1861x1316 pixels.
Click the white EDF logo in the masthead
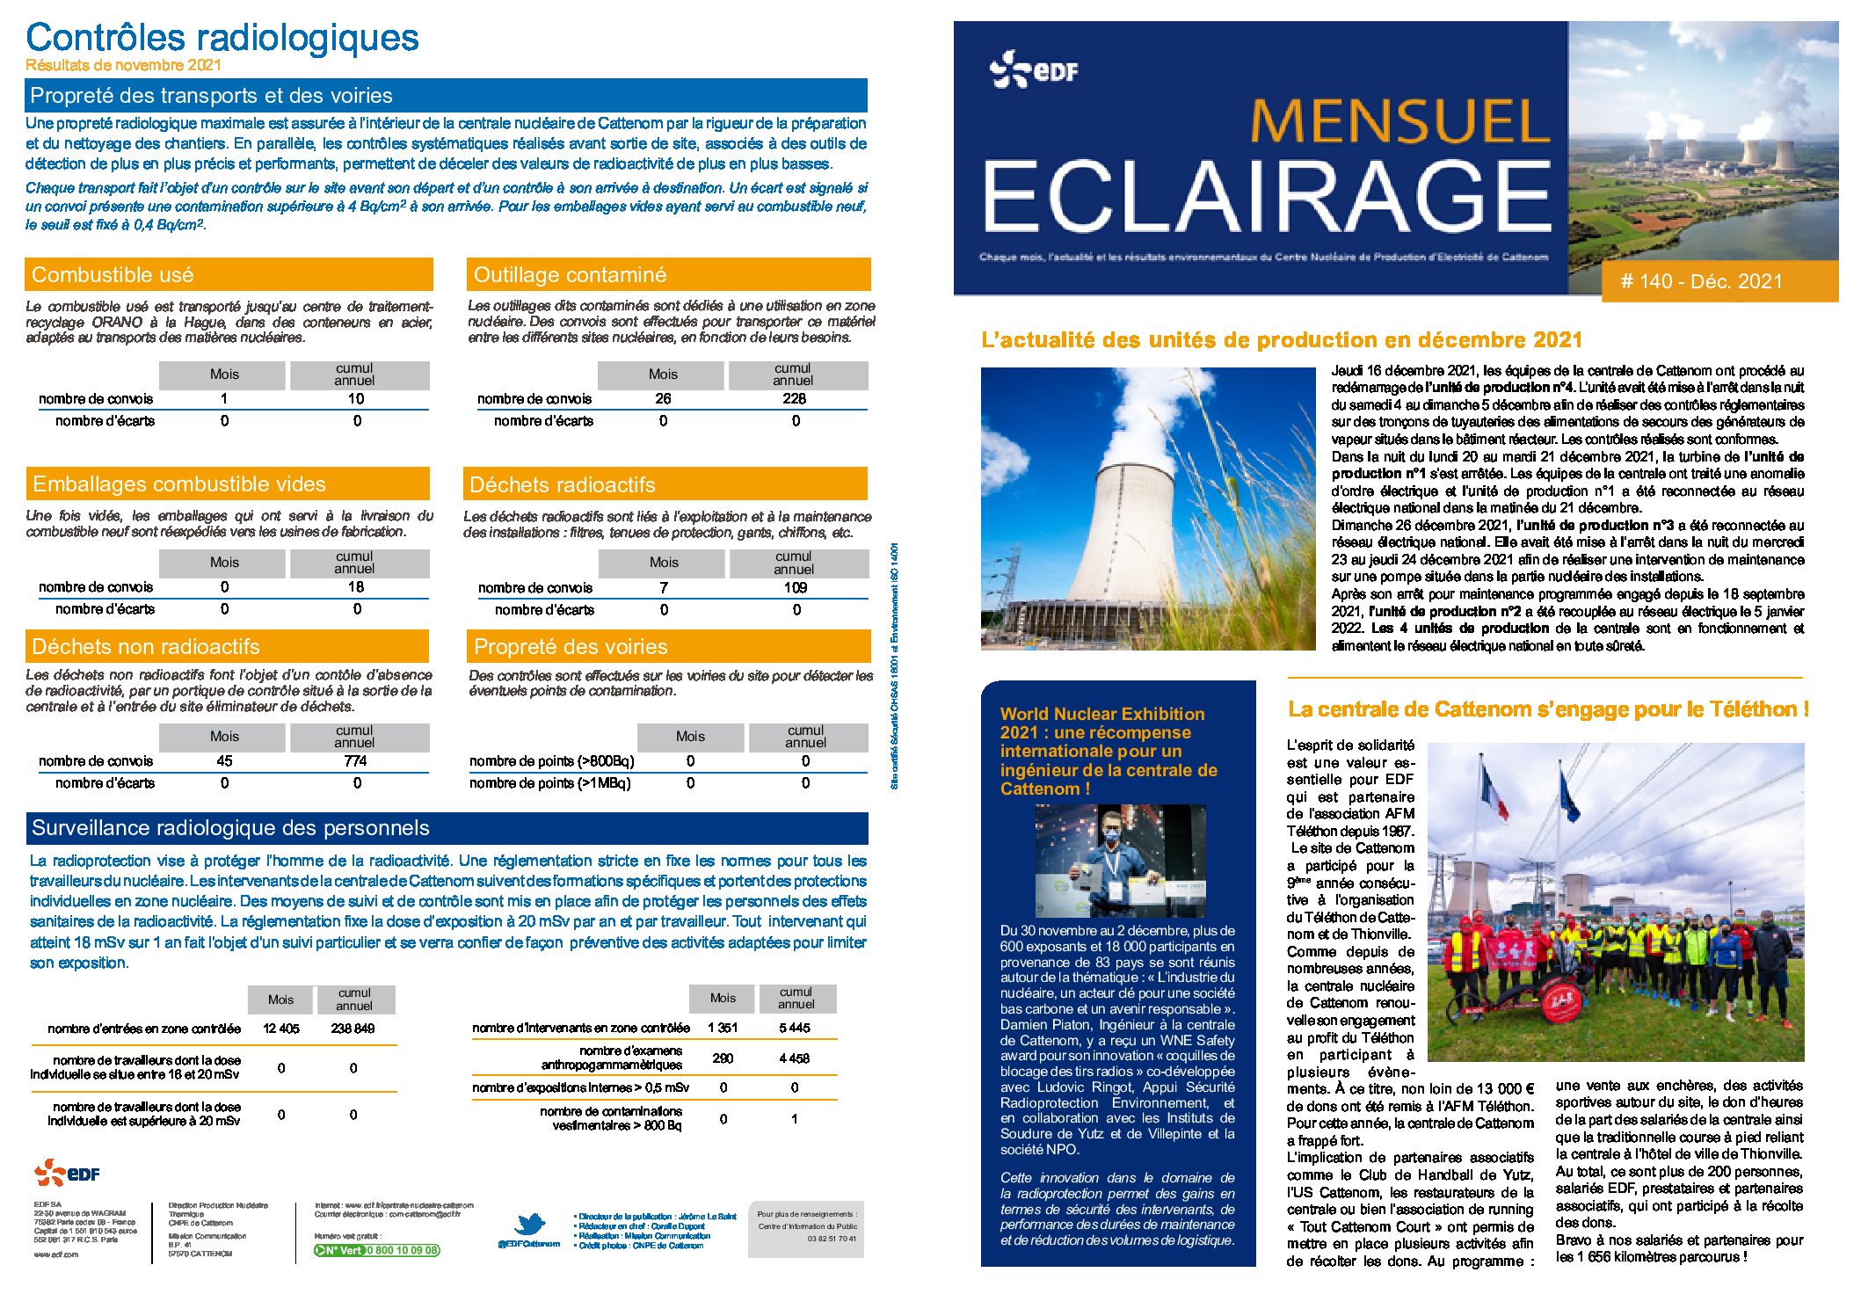pos(1034,69)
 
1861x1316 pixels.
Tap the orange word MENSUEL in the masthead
pos(1399,121)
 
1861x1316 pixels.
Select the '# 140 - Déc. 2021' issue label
pos(1701,281)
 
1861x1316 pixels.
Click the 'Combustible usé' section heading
pos(113,275)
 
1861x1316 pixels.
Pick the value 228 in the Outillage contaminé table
pos(794,399)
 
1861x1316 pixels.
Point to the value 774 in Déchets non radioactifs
pos(355,761)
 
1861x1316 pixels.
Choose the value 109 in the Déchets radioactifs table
pos(796,588)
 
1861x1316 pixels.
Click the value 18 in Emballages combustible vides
pos(355,587)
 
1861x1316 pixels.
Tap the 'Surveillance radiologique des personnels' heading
pos(230,828)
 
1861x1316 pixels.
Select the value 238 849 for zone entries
pos(353,1029)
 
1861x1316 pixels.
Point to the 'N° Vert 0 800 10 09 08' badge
pos(377,1250)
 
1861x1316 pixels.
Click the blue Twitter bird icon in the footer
pos(529,1224)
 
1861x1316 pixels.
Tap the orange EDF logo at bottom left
pos(67,1173)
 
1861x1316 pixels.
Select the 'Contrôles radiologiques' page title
pos(222,38)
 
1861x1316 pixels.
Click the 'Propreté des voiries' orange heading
pos(571,647)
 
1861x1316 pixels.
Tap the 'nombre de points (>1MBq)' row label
pos(549,783)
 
